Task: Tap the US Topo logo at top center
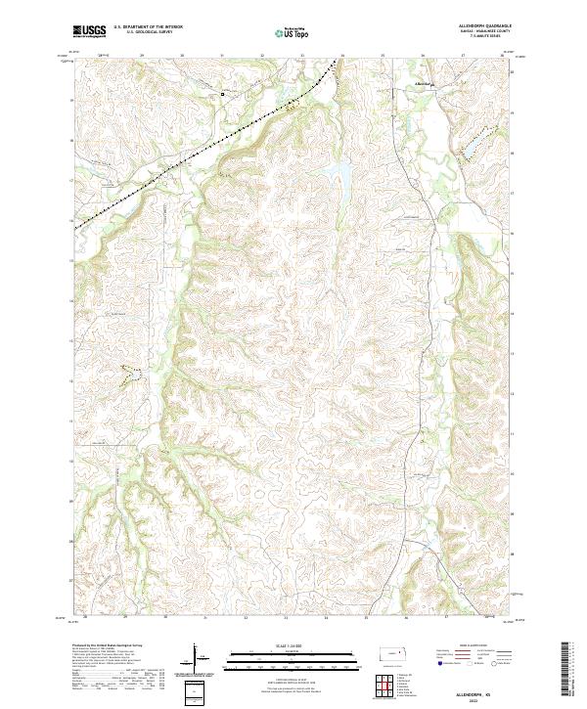(293, 32)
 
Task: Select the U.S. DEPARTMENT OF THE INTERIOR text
(148, 27)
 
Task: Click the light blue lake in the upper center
(342, 176)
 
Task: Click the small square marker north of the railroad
(222, 94)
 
